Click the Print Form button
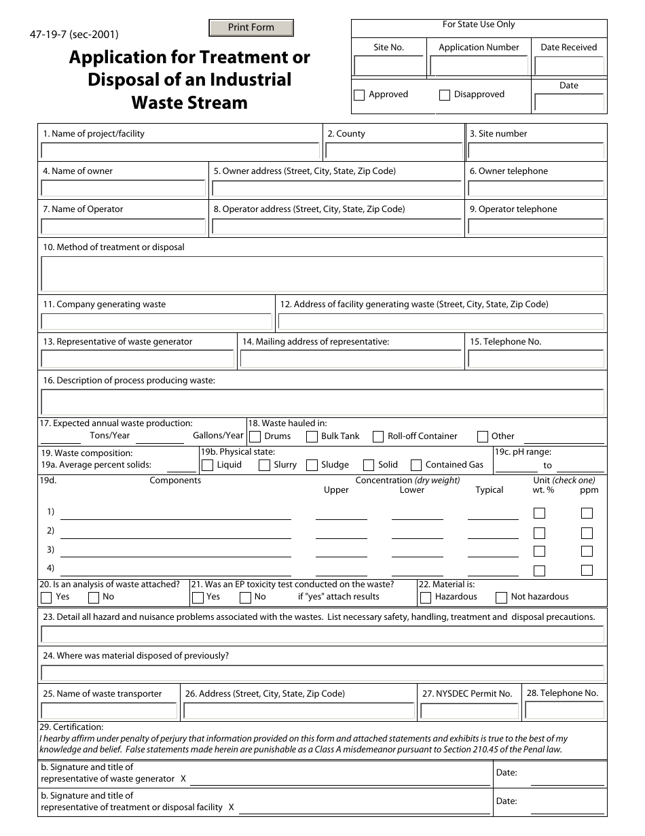tap(251, 28)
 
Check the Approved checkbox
tap(359, 95)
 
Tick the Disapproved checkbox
tap(445, 95)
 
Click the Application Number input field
tap(479, 66)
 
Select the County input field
tap(394, 151)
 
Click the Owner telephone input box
tap(536, 188)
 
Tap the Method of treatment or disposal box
tap(322, 274)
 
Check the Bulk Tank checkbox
tap(312, 436)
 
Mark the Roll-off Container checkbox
tap(378, 436)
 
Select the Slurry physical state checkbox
tap(264, 465)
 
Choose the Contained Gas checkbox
tap(416, 465)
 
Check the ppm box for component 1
tap(587, 513)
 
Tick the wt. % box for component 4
tap(539, 570)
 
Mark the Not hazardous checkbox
tap(501, 597)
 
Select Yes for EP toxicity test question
tap(198, 597)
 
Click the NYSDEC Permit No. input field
tap(469, 711)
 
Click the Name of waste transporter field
tap(109, 711)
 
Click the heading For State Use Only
tap(479, 24)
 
